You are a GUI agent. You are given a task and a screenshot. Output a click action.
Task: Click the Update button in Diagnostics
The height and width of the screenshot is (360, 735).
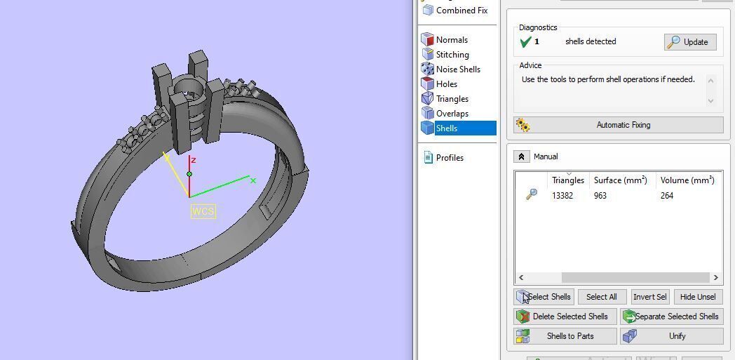[x=690, y=42]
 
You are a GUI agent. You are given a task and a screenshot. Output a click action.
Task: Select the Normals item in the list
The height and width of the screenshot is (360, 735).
[x=451, y=40]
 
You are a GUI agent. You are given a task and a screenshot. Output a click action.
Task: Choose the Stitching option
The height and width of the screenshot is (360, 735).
[x=452, y=55]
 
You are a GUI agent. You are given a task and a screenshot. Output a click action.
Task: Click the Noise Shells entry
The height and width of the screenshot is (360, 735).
[x=457, y=69]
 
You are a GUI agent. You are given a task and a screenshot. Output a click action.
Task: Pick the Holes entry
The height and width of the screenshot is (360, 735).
[x=446, y=84]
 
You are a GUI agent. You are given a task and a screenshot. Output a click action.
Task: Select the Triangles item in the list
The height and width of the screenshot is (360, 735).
[x=452, y=99]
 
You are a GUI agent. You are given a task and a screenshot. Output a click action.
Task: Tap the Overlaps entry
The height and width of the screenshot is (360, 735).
[x=452, y=114]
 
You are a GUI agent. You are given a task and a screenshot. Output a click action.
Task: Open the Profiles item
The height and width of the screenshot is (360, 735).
[x=449, y=158]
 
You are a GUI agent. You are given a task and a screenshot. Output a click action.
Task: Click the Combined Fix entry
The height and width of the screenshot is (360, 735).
[x=461, y=11]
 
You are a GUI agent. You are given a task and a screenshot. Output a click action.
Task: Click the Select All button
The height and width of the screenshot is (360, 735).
[x=601, y=297]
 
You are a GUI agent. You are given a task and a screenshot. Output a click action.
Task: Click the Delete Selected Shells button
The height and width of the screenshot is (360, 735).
[x=565, y=316]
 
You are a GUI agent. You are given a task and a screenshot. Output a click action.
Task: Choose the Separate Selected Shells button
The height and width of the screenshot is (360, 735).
[x=671, y=316]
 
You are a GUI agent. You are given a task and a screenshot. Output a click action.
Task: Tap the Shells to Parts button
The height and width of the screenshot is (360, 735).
[x=565, y=336]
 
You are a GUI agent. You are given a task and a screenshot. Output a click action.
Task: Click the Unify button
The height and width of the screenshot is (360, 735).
[x=671, y=336]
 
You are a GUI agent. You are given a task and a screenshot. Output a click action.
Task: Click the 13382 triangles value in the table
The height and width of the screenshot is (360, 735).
[x=562, y=196]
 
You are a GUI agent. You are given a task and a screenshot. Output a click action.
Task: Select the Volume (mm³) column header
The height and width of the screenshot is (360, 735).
[x=687, y=180]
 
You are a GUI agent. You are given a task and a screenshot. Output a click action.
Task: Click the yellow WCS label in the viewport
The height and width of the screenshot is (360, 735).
[x=203, y=211]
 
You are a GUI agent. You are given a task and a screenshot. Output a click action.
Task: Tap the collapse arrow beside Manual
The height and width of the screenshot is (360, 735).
[x=521, y=156]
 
